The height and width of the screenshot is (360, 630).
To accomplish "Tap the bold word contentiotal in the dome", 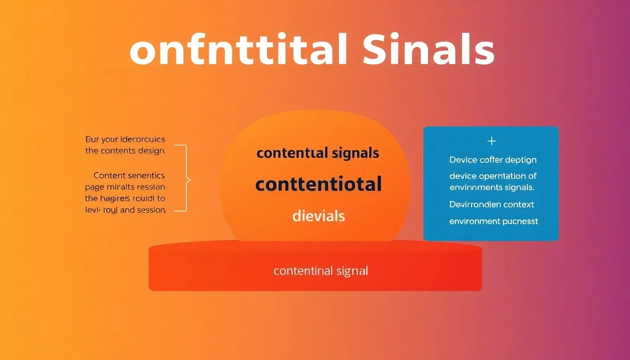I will pyautogui.click(x=318, y=184).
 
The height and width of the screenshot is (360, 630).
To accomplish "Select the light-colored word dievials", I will pyautogui.click(x=318, y=216).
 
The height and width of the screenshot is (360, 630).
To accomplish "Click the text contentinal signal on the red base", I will pyautogui.click(x=321, y=271).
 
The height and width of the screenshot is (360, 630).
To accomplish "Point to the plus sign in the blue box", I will pyautogui.click(x=491, y=141).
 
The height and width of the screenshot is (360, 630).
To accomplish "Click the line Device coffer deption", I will pyautogui.click(x=493, y=160).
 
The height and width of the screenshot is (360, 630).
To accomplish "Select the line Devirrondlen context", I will pyautogui.click(x=492, y=204).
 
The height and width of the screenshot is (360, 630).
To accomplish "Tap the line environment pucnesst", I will pyautogui.click(x=494, y=221).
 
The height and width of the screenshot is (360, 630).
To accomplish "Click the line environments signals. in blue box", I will pyautogui.click(x=492, y=187).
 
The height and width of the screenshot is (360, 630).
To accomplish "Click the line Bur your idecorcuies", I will pyautogui.click(x=125, y=139).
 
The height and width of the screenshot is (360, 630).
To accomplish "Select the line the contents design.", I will pyautogui.click(x=125, y=151).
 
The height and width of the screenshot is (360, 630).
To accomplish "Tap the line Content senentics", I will pyautogui.click(x=129, y=175).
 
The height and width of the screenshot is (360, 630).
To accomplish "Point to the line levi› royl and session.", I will pyautogui.click(x=125, y=210).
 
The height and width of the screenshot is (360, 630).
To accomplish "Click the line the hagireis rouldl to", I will pyautogui.click(x=125, y=198).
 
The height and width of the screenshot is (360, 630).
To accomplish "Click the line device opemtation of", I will pyautogui.click(x=493, y=176).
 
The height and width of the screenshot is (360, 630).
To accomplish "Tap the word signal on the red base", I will pyautogui.click(x=352, y=271).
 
